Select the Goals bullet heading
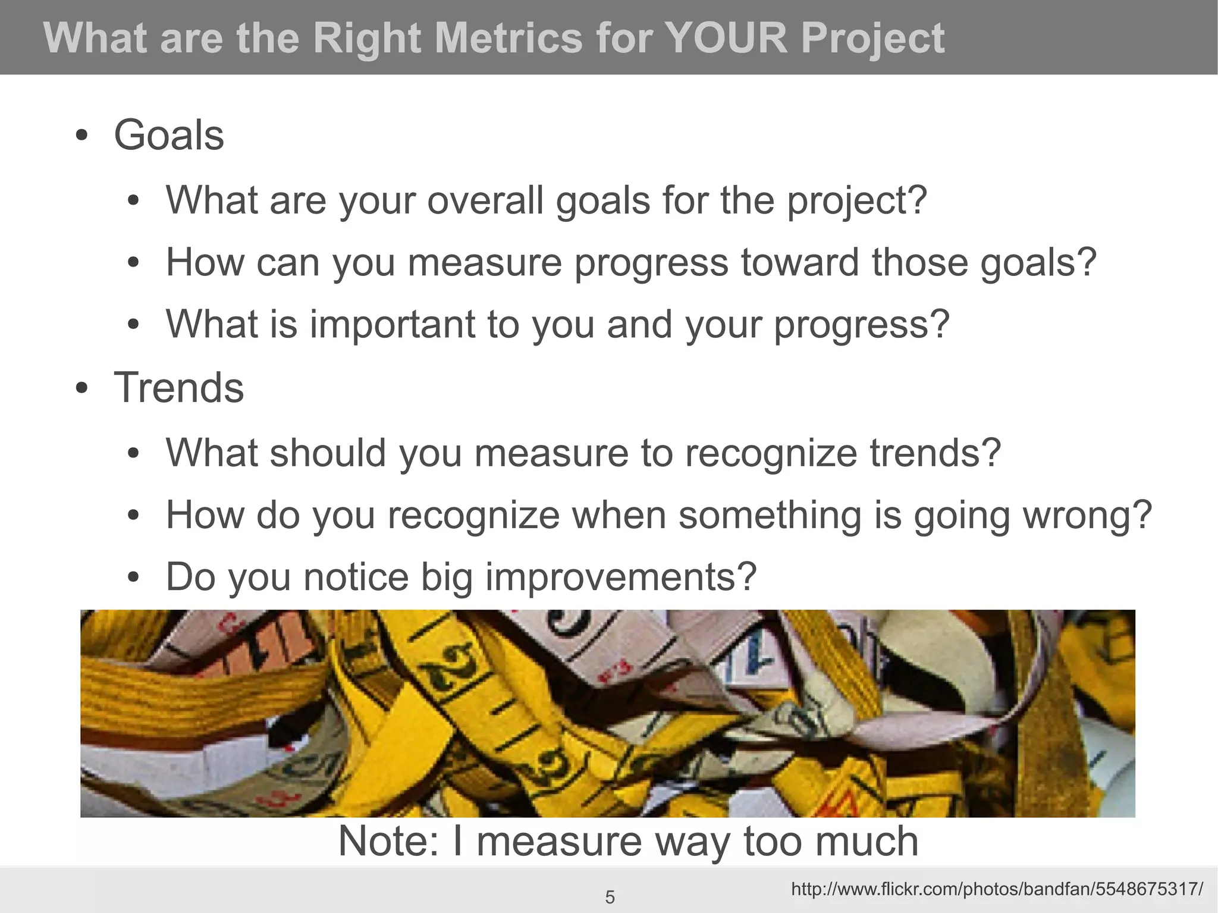169,136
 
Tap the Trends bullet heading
178,388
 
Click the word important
393,324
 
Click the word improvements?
621,577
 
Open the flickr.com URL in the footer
997,889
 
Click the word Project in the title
872,38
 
